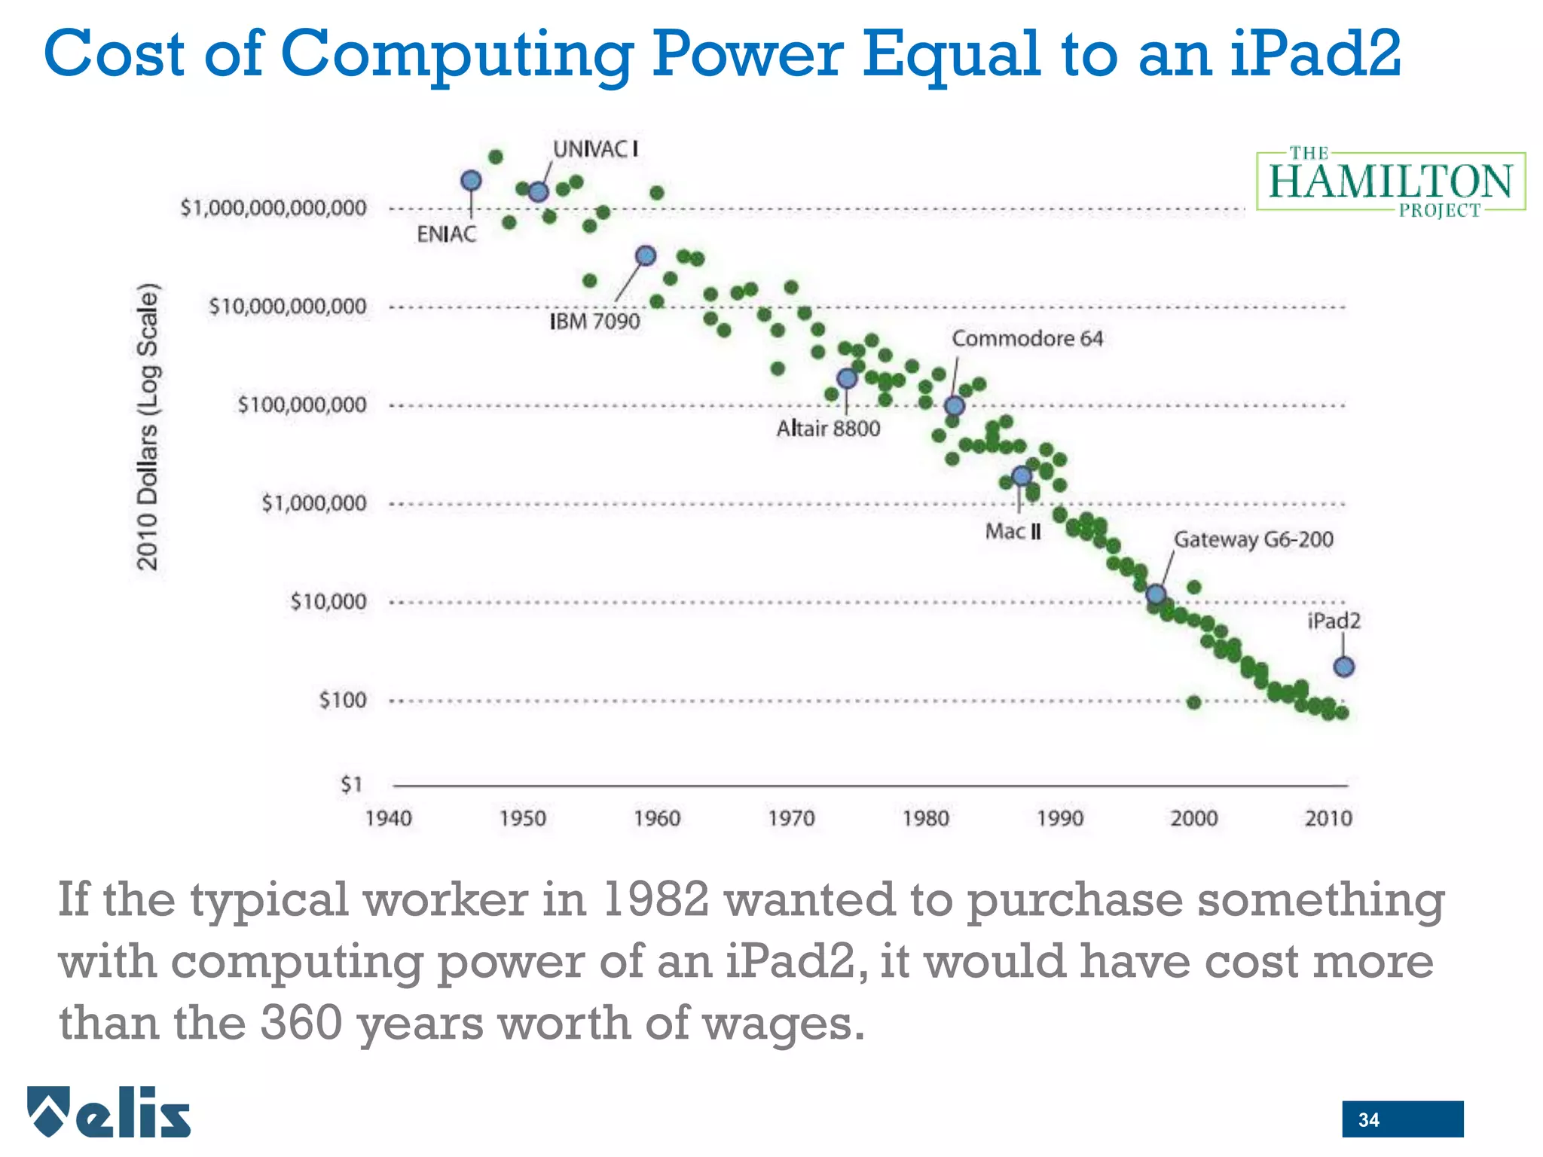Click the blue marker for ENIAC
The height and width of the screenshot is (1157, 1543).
[x=471, y=181]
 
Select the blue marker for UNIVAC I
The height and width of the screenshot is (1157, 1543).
[x=538, y=192]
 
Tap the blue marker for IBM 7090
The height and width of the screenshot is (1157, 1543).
[x=646, y=256]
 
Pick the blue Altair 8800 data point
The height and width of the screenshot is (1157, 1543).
[x=847, y=378]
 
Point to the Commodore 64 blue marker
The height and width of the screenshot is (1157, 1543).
[x=955, y=406]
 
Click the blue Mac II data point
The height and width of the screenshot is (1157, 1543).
[x=1022, y=476]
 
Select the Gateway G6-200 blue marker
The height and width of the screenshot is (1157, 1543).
[x=1156, y=594]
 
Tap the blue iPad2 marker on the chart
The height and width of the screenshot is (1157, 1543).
[x=1344, y=667]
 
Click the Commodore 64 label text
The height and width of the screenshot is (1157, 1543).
[x=1027, y=339]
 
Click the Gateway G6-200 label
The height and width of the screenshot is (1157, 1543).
[x=1253, y=539]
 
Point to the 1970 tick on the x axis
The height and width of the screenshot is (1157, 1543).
[x=791, y=818]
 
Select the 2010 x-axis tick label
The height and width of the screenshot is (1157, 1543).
[x=1328, y=818]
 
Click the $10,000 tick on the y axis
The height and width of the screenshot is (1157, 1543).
[x=328, y=602]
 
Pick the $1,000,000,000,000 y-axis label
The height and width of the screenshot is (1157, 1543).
[x=273, y=208]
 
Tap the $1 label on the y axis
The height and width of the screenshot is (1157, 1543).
[x=352, y=785]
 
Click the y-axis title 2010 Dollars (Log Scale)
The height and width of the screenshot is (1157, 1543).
[x=148, y=426]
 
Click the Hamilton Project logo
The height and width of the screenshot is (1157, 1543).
[x=1390, y=182]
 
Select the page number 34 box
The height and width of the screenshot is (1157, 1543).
[x=1402, y=1119]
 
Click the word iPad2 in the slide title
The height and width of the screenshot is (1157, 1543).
[x=1315, y=54]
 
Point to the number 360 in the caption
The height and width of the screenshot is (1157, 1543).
[x=301, y=1024]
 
